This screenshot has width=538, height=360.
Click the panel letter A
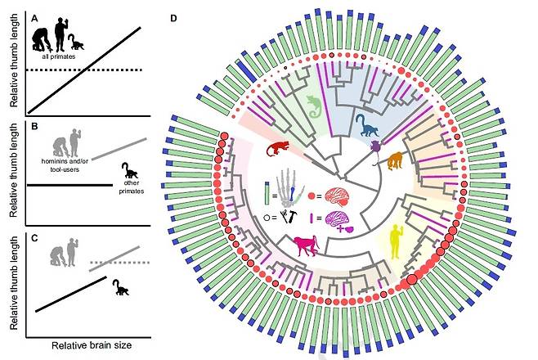click(x=34, y=18)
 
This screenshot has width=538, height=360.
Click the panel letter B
click(x=34, y=126)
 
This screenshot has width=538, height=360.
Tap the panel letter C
click(x=34, y=238)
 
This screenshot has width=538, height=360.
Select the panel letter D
click(x=173, y=18)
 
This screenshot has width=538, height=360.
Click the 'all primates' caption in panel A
click(x=59, y=56)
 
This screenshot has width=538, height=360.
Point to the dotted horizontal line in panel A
click(x=84, y=70)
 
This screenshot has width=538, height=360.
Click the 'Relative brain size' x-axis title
click(x=92, y=345)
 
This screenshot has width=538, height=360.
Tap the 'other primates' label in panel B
click(x=132, y=187)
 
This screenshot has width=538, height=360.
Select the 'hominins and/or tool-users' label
click(x=65, y=165)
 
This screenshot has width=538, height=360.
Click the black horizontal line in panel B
click(x=70, y=185)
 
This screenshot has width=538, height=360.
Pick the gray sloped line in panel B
click(x=119, y=149)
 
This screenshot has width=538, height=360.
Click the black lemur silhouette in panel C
click(x=120, y=287)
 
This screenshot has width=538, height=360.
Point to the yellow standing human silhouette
click(x=396, y=241)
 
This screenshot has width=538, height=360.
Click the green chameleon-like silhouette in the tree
click(x=314, y=106)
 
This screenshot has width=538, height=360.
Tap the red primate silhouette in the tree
click(x=277, y=148)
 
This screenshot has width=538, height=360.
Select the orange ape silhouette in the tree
click(x=396, y=161)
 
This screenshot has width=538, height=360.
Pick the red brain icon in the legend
click(x=338, y=196)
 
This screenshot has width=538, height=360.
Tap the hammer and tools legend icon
click(x=289, y=217)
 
